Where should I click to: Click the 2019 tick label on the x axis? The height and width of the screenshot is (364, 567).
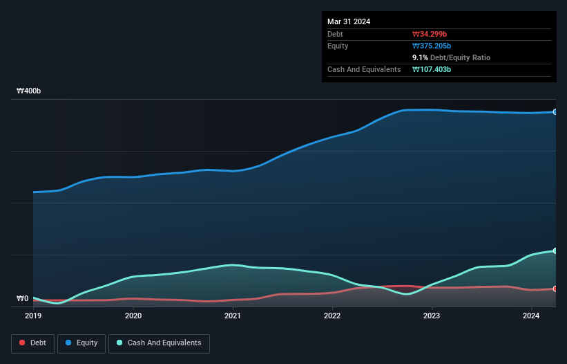[34, 316]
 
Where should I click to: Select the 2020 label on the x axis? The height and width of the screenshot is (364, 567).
[133, 316]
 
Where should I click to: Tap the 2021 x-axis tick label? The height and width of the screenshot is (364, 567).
[233, 316]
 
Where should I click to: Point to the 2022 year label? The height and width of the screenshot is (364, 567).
[332, 316]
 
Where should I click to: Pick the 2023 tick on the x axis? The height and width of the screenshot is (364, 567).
[432, 316]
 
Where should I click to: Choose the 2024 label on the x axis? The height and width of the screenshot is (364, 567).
[531, 316]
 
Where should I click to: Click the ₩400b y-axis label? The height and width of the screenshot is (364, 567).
[29, 91]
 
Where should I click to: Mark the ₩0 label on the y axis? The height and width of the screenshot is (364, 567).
[23, 299]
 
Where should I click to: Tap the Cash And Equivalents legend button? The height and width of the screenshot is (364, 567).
[158, 343]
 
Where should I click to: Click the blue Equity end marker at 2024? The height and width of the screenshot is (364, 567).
[555, 111]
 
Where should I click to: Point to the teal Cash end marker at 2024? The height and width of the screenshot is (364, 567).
[555, 251]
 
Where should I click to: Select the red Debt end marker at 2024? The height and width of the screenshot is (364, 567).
[555, 289]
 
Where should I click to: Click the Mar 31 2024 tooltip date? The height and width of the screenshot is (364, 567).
[349, 21]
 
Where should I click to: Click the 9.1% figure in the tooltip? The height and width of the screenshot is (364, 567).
[420, 57]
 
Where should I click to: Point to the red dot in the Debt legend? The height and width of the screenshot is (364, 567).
[23, 343]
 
